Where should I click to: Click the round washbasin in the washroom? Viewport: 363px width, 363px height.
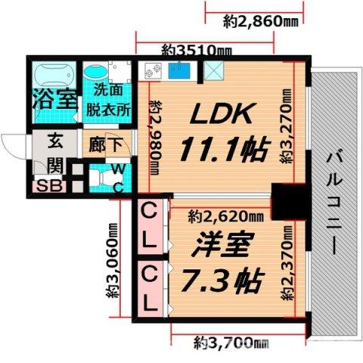pyautogui.click(x=97, y=73)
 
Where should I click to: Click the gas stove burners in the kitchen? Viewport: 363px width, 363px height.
pyautogui.click(x=154, y=72)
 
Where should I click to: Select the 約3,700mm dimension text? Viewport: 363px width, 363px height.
pyautogui.click(x=230, y=343)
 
